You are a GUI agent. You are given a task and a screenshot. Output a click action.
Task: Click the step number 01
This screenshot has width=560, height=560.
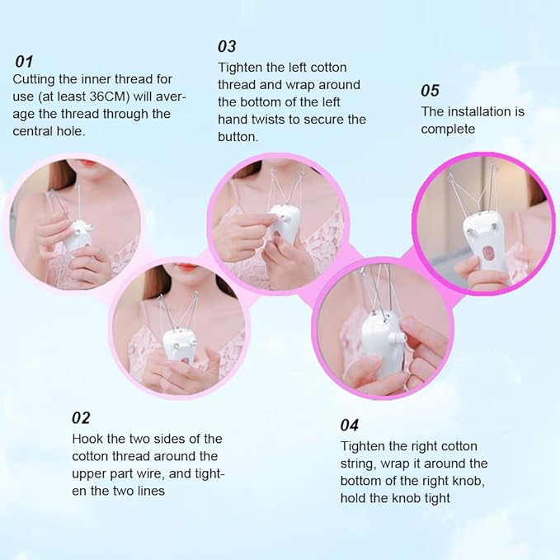pyautogui.click(x=24, y=61)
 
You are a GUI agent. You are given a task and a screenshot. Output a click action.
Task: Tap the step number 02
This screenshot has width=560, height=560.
pyautogui.click(x=81, y=417)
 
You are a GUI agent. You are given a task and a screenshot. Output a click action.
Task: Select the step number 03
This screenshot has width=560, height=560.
pyautogui.click(x=227, y=46)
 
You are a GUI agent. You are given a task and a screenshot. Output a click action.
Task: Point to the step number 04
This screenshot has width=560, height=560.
pyautogui.click(x=350, y=425)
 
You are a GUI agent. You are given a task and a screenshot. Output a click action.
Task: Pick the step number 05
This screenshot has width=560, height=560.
pyautogui.click(x=430, y=90)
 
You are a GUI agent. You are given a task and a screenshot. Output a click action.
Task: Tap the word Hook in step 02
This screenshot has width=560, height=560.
pyautogui.click(x=87, y=439)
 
